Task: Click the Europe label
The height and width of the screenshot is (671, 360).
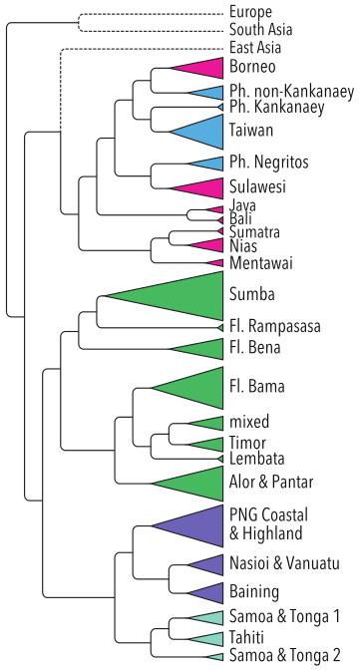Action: [250, 12]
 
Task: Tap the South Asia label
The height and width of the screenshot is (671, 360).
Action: [261, 30]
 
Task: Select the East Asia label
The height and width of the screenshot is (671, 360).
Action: [255, 47]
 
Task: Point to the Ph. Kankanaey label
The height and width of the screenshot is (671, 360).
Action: [277, 107]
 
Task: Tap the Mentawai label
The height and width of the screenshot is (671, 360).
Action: [261, 263]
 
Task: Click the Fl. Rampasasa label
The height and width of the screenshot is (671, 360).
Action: [275, 327]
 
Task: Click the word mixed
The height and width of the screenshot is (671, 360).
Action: [249, 422]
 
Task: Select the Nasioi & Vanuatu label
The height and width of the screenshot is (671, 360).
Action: [284, 562]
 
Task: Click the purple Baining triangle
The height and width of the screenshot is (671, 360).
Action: [206, 593]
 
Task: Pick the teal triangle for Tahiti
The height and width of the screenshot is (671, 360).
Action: [206, 639]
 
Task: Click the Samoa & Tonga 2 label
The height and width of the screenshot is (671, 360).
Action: [285, 655]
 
